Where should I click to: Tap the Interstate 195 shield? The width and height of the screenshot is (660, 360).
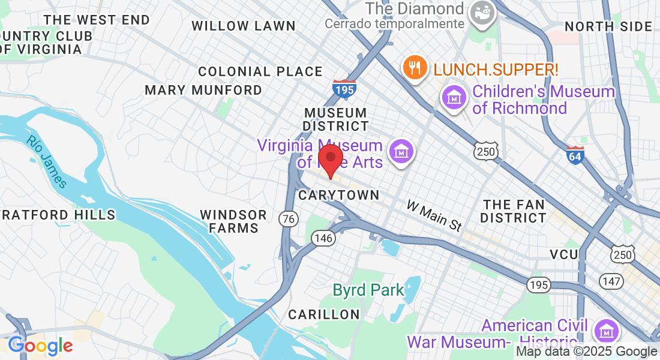(x=344, y=89)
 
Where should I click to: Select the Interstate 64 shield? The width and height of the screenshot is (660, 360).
(x=575, y=155)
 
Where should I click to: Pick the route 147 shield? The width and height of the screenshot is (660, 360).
(x=611, y=281)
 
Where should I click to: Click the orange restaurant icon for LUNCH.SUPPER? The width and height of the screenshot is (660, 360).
(x=415, y=67)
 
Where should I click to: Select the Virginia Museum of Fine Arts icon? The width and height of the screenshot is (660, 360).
(x=401, y=151)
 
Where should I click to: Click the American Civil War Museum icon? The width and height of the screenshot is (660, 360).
(x=607, y=331)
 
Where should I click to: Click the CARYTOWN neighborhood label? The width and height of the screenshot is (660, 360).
(x=339, y=195)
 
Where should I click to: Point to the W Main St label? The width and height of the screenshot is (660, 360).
(x=434, y=216)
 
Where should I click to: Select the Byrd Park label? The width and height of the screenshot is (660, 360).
(x=368, y=290)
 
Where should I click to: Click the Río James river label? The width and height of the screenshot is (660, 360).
(x=47, y=161)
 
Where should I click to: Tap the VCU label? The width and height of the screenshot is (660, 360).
(x=565, y=254)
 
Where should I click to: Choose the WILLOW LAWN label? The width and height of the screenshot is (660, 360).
(x=244, y=26)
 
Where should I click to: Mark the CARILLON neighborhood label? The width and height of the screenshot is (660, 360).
(x=324, y=314)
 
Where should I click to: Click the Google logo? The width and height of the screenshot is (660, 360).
(x=40, y=346)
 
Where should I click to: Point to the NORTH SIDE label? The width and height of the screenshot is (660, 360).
(x=608, y=26)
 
